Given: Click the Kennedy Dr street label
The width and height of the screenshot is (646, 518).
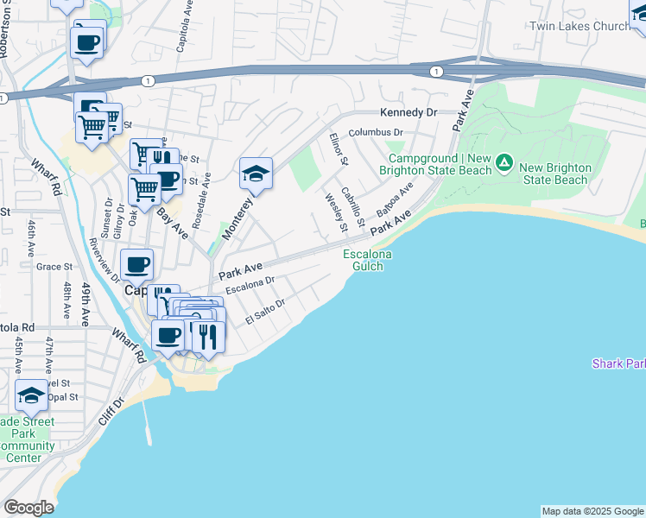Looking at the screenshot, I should (x=409, y=113).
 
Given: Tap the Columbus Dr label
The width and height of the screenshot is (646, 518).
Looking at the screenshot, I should (x=376, y=134).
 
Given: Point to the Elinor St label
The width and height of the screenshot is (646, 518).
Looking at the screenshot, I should (x=338, y=148).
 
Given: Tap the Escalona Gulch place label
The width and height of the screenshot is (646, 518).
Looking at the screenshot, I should (x=368, y=260).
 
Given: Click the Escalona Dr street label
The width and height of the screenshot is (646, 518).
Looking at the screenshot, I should (x=250, y=286).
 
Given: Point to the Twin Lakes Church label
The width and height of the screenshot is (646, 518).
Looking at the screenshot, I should (x=579, y=27).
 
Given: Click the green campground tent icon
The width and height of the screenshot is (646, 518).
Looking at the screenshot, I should (x=504, y=162).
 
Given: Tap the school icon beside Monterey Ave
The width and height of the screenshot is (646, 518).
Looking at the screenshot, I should (x=256, y=174).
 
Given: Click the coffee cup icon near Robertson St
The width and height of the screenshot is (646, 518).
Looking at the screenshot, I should (x=87, y=41).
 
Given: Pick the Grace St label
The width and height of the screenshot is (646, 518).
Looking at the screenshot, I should (x=54, y=267).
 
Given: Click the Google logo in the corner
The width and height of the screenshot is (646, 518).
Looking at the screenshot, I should (x=28, y=508).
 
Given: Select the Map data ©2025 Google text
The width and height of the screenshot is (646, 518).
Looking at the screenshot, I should (x=592, y=511).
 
